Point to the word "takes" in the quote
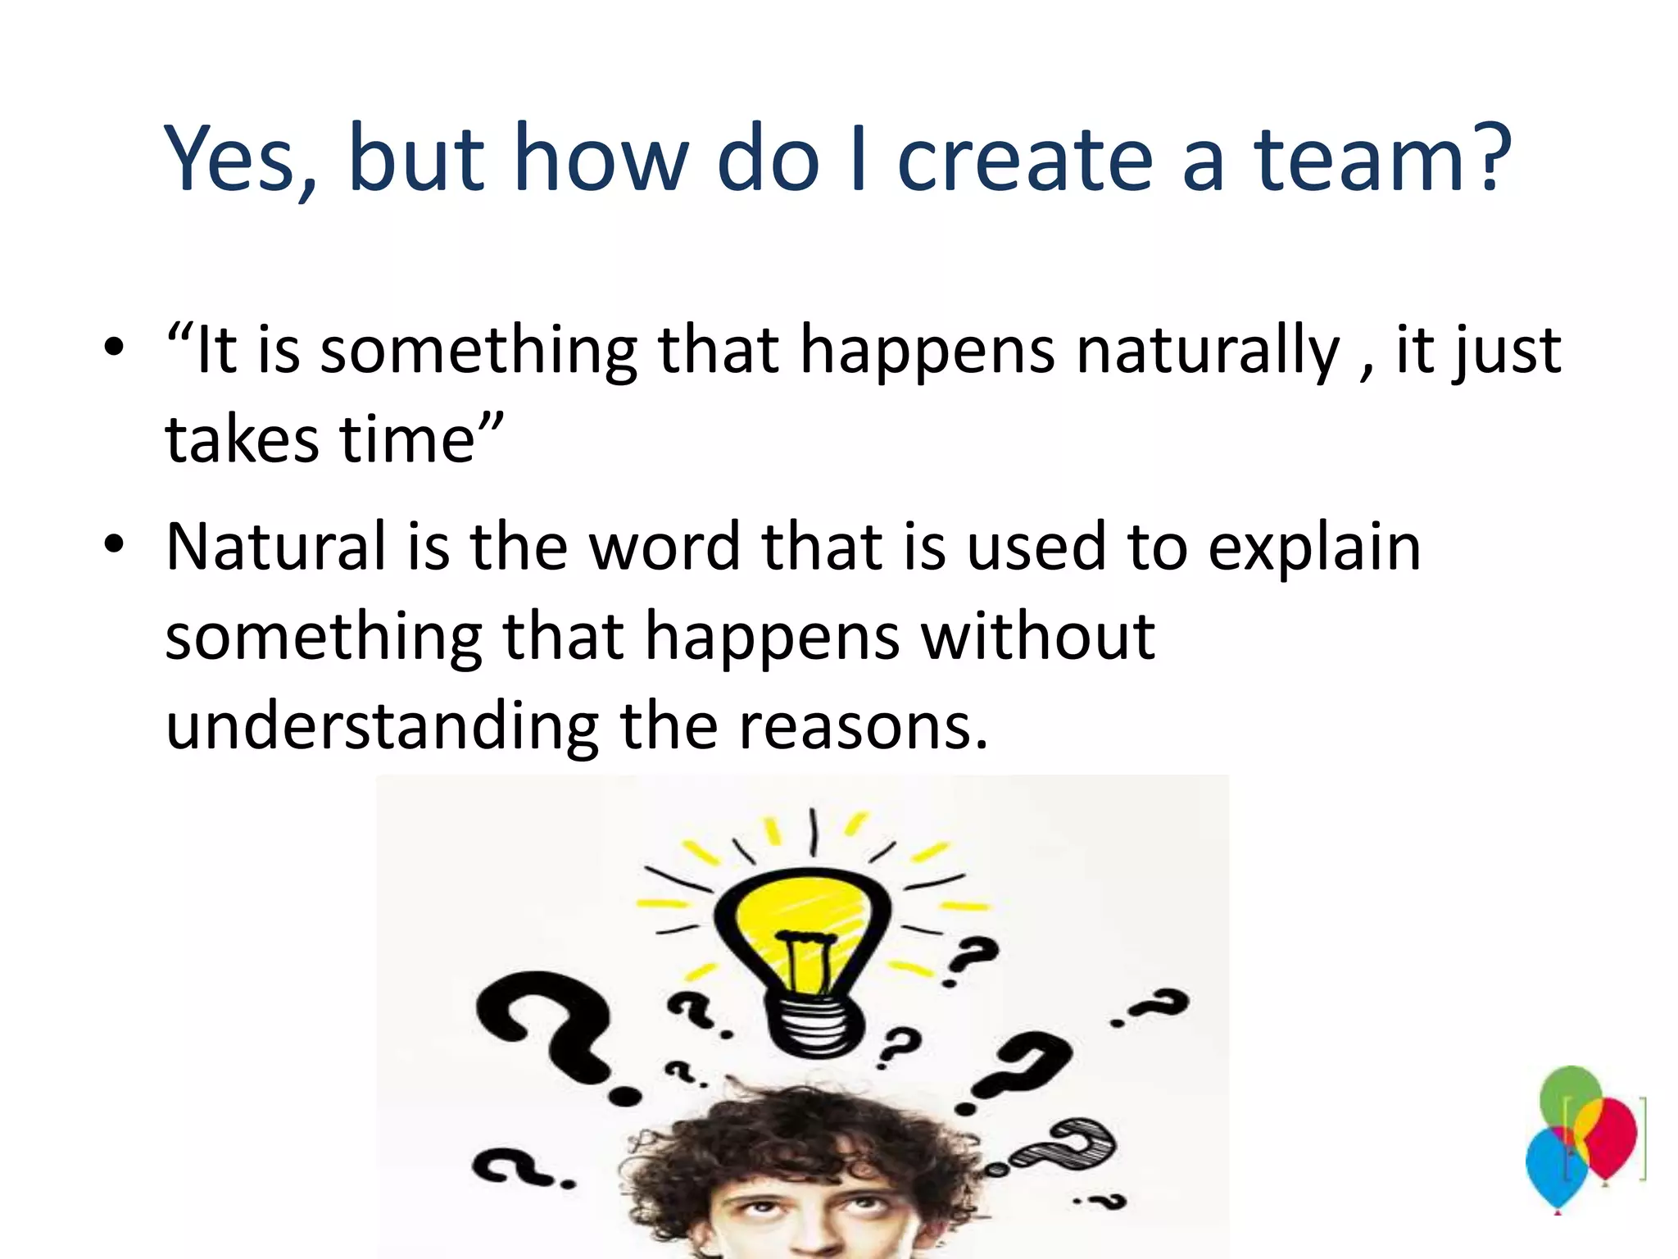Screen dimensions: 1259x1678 pos(241,440)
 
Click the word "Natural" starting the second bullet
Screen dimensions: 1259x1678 pos(275,547)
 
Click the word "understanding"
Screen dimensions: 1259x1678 pos(382,727)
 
